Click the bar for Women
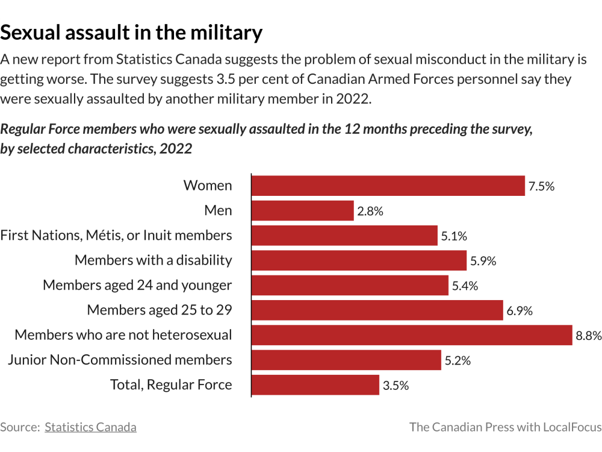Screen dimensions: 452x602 point(388,186)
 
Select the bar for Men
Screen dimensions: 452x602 point(302,211)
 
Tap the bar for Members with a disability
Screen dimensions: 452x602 point(359,260)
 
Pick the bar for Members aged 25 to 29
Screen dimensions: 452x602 point(377,310)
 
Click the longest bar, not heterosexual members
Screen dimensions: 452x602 point(411,335)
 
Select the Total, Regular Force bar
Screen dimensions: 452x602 point(315,385)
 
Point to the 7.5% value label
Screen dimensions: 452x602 point(541,186)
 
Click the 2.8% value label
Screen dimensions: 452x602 point(370,211)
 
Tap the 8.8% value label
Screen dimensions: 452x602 point(588,336)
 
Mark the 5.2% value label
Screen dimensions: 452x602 point(458,360)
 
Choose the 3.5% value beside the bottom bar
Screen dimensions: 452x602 point(396,386)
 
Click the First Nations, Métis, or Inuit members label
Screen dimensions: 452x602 point(116,235)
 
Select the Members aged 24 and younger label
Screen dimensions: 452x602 point(137,285)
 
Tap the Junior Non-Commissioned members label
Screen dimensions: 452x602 point(120,360)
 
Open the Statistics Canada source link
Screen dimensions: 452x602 point(90,427)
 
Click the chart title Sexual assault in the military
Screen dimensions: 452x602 point(131,32)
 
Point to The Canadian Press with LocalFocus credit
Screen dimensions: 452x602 point(505,427)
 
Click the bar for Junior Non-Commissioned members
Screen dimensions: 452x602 point(346,360)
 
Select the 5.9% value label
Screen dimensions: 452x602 point(483,261)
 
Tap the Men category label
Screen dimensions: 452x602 point(218,210)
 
